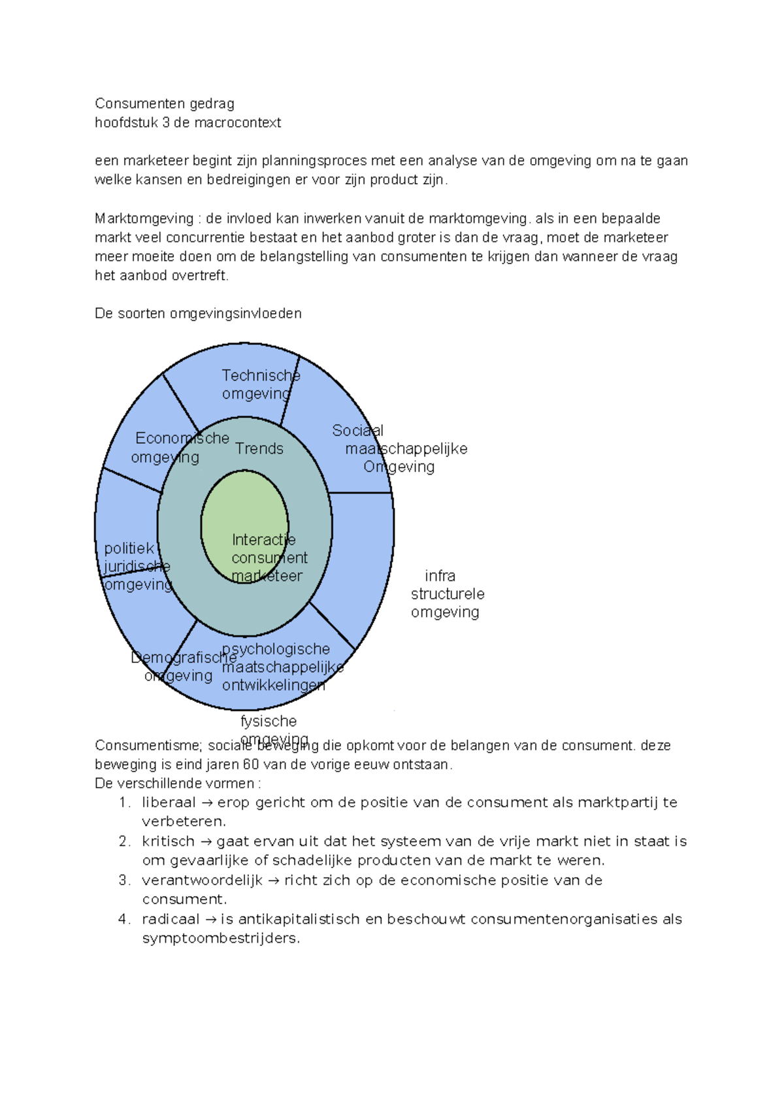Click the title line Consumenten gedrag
164,103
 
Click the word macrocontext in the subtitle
241,123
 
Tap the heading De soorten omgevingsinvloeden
198,313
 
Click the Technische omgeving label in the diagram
259,384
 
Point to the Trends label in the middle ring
259,448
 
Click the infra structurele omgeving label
446,594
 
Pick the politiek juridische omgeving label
136,566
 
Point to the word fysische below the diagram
269,721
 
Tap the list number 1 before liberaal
124,803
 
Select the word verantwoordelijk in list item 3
202,881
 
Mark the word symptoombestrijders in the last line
220,939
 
